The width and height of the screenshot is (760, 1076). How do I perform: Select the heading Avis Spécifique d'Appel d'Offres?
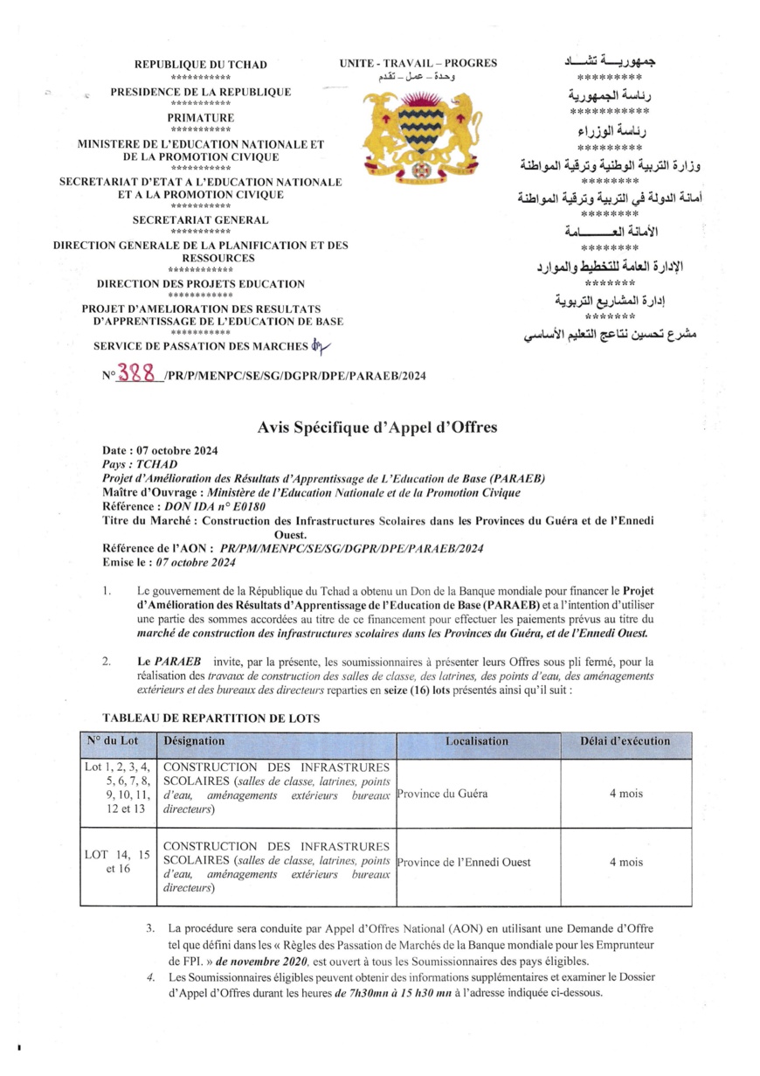pyautogui.click(x=377, y=427)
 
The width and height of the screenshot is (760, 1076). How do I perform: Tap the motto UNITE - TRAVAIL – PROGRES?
pyautogui.click(x=418, y=63)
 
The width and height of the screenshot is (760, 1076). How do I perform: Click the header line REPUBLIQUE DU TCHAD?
pyautogui.click(x=200, y=65)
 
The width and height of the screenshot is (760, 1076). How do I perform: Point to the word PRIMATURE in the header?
pyautogui.click(x=200, y=117)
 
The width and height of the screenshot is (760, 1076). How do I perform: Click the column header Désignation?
pyautogui.click(x=195, y=741)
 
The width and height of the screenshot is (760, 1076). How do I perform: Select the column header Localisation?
pyautogui.click(x=476, y=741)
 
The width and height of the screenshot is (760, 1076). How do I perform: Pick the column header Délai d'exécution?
pyautogui.click(x=625, y=741)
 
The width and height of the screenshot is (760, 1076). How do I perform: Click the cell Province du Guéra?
pyautogui.click(x=441, y=795)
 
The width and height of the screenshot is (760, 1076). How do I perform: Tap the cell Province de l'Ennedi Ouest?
pyautogui.click(x=463, y=862)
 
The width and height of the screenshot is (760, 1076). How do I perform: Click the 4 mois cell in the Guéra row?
pyautogui.click(x=625, y=795)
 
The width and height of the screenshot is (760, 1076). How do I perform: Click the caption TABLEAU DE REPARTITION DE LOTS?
pyautogui.click(x=211, y=718)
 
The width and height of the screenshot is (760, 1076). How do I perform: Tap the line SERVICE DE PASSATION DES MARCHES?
pyautogui.click(x=200, y=346)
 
